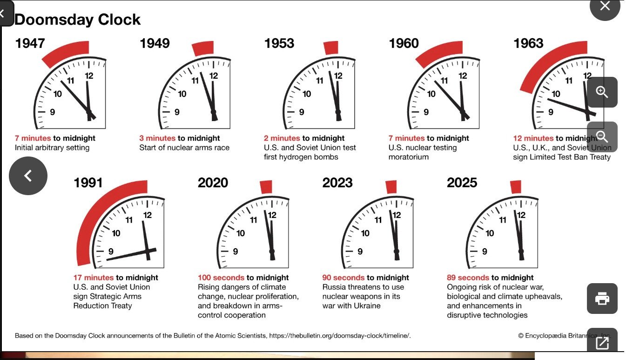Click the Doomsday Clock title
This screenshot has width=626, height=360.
click(77, 20)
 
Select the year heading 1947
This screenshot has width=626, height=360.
click(30, 43)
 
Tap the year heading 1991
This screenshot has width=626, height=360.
click(88, 183)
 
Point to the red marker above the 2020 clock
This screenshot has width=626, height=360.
click(266, 187)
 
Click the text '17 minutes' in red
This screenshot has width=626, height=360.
click(94, 278)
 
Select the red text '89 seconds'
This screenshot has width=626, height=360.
click(468, 278)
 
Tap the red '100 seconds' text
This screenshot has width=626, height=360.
click(221, 278)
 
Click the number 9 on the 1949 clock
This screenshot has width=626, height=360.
click(177, 112)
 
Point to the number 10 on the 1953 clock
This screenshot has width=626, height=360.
click(307, 94)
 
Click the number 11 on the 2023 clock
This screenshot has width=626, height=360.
click(378, 220)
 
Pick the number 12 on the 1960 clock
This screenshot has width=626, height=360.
click(463, 76)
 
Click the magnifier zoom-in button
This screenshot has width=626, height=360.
click(602, 92)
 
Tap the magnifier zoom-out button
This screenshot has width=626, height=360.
click(602, 136)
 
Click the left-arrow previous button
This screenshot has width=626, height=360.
click(28, 176)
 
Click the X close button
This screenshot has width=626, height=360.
click(605, 6)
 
